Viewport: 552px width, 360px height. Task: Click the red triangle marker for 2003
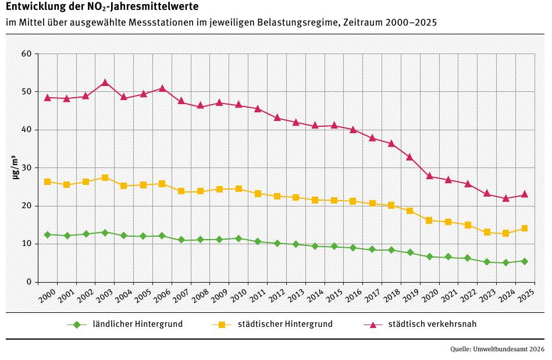pyautogui.click(x=105, y=83)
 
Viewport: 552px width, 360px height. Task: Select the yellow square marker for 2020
pyautogui.click(x=429, y=220)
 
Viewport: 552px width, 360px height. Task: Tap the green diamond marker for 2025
pyautogui.click(x=525, y=261)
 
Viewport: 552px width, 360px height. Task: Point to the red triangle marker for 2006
pyautogui.click(x=162, y=88)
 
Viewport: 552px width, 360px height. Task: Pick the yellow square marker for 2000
pyautogui.click(x=48, y=181)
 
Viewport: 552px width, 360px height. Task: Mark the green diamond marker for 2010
pyautogui.click(x=238, y=238)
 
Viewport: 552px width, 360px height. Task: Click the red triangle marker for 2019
pyautogui.click(x=410, y=157)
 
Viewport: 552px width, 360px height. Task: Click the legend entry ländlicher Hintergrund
pyautogui.click(x=138, y=324)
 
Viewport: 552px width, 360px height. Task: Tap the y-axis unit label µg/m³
pyautogui.click(x=16, y=168)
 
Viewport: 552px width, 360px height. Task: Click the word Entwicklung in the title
pyautogui.click(x=33, y=7)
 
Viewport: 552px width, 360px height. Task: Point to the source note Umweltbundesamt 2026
pyautogui.click(x=510, y=350)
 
